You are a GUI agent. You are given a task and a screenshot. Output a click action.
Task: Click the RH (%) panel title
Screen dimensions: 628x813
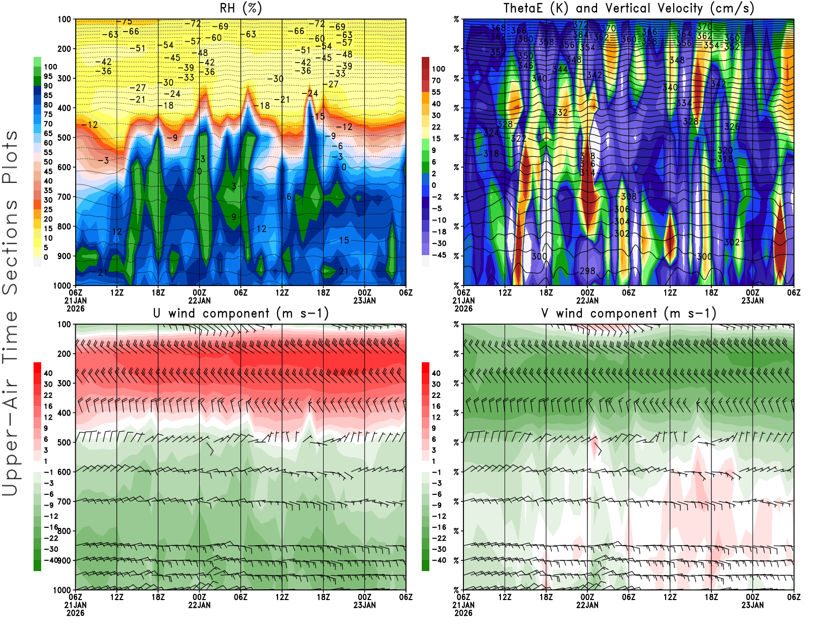point(240,9)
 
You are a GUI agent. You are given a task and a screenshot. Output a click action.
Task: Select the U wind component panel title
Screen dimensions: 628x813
point(241,313)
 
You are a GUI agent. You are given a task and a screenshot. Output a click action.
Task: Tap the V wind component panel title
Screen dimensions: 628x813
point(629,313)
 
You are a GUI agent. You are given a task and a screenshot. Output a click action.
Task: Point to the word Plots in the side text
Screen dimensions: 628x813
point(10,158)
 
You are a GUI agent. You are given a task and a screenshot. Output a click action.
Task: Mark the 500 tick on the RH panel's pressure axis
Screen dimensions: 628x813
point(64,138)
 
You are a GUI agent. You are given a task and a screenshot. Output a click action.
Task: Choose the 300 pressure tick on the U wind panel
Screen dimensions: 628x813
point(64,384)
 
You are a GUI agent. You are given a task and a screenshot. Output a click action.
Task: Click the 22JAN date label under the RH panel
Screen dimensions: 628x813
point(199,301)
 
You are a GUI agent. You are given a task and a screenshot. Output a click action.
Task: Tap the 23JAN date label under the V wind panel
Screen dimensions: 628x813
point(753,605)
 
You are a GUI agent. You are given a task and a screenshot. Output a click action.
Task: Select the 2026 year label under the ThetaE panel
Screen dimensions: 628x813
point(463,308)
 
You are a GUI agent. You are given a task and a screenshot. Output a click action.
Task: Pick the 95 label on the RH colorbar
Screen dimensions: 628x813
point(48,76)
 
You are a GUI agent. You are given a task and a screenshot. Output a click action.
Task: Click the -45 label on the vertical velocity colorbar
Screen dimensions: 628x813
point(439,255)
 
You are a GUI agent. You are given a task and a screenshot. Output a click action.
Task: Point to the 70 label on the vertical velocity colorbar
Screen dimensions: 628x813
point(436,80)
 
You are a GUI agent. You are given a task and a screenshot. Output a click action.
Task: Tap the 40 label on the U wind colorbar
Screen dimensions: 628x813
point(48,373)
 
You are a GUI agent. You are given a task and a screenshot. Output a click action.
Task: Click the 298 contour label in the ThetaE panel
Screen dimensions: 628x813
point(587,271)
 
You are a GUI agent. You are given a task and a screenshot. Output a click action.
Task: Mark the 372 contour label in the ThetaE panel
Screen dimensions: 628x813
point(580,25)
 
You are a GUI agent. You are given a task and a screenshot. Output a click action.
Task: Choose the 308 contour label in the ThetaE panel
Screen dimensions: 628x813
point(629,197)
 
